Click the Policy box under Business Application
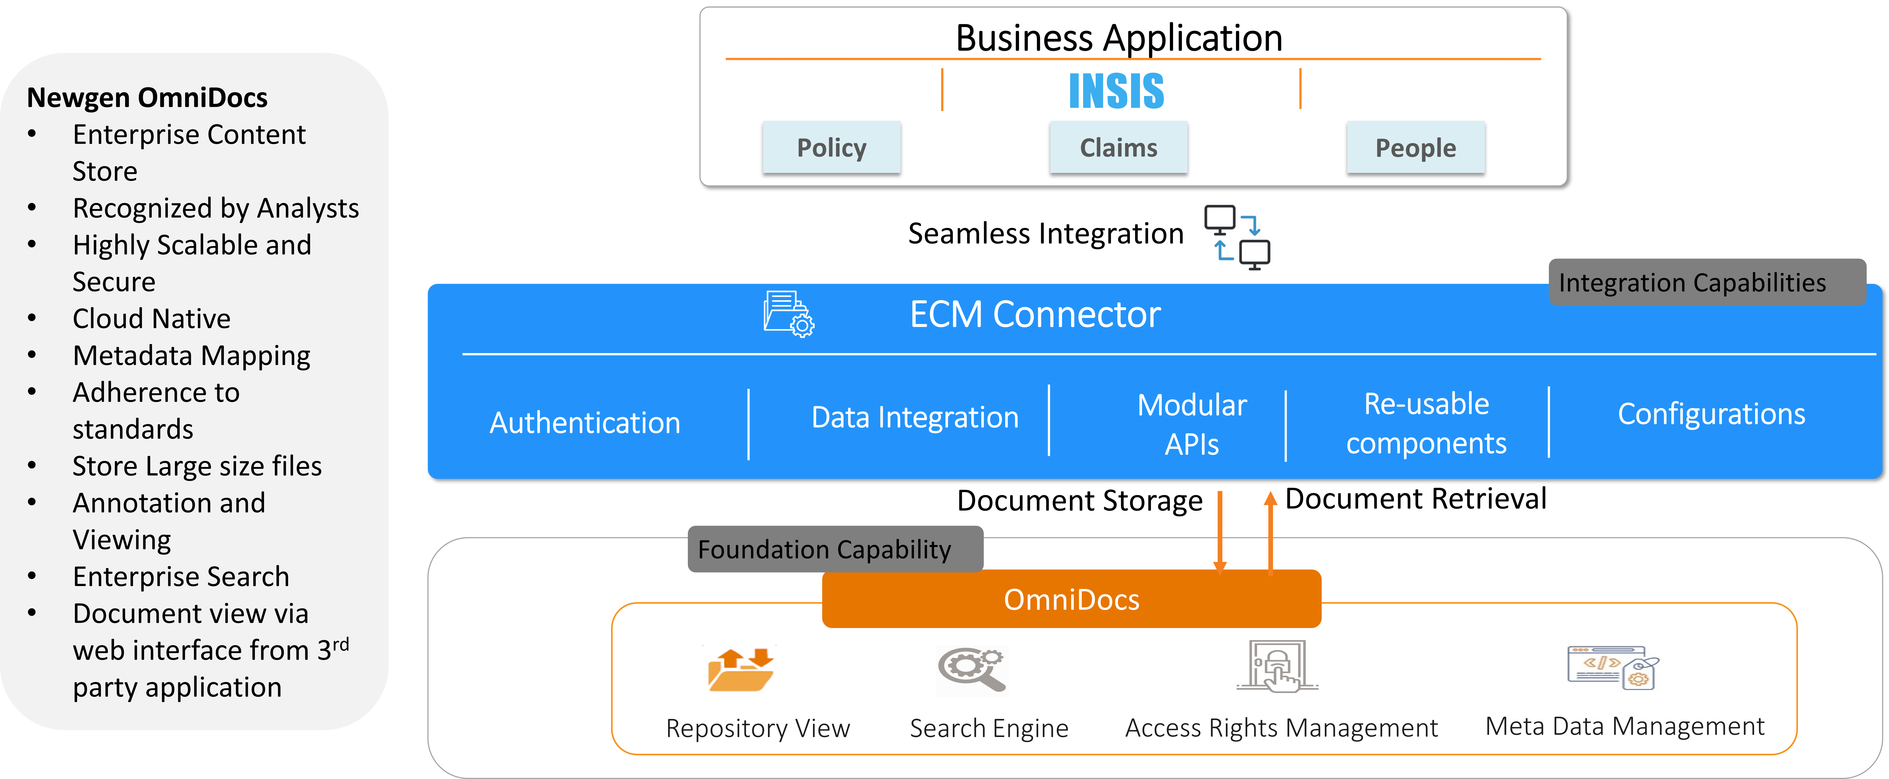[832, 147]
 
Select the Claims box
[1118, 147]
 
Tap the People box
[1415, 147]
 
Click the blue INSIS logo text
[1116, 91]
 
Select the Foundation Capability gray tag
[835, 549]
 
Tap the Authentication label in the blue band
[585, 423]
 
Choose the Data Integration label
[915, 417]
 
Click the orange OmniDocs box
[1071, 599]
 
